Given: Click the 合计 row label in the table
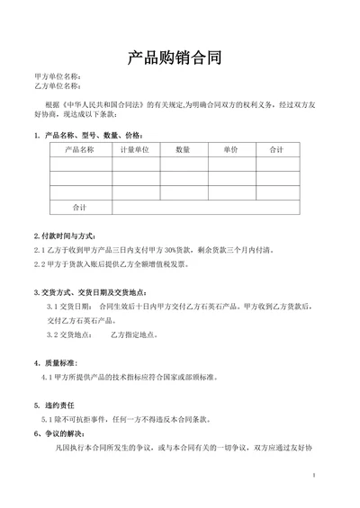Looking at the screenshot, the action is [80, 207].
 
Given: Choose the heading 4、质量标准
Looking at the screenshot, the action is [58, 363].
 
